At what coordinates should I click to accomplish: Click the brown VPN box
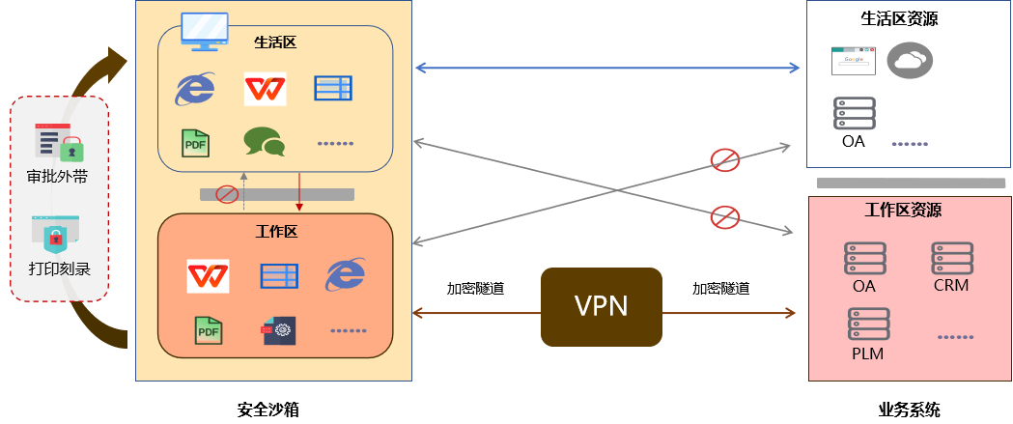pos(601,306)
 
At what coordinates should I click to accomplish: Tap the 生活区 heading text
pos(274,42)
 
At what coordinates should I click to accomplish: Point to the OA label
pos(864,286)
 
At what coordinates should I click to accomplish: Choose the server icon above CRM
pos(951,260)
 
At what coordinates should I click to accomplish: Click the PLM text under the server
pos(867,353)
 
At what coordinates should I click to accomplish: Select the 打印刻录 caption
pos(59,268)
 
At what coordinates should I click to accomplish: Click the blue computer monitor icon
pos(204,32)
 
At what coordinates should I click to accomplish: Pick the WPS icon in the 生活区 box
pos(265,89)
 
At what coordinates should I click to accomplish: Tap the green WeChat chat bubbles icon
pos(264,142)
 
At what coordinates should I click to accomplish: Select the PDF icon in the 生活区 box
pos(195,143)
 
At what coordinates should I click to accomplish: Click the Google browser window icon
pos(854,61)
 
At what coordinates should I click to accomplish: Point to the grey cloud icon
pos(910,60)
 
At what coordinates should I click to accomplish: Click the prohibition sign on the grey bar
pos(227,194)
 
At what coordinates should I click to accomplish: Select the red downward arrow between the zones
pos(299,191)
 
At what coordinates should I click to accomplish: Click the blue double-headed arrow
pos(607,68)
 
